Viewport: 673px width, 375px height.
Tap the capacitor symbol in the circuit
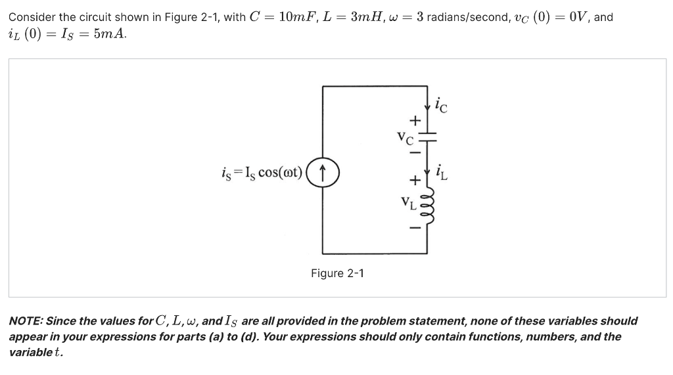click(x=428, y=139)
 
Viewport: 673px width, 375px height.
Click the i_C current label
click(x=441, y=105)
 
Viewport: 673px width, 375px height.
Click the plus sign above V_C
click(x=414, y=120)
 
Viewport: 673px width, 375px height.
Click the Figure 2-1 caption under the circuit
click(x=337, y=273)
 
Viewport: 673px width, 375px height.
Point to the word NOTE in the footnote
click(x=26, y=321)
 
